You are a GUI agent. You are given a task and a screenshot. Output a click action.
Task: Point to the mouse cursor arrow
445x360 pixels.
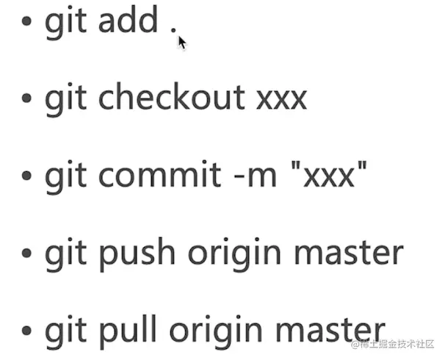pyautogui.click(x=181, y=42)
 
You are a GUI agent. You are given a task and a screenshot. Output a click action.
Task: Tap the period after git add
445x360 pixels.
pyautogui.click(x=174, y=30)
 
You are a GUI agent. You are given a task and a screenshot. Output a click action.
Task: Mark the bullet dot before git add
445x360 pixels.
pyautogui.click(x=27, y=21)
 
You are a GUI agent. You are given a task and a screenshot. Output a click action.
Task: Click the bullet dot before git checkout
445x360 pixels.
pyautogui.click(x=27, y=99)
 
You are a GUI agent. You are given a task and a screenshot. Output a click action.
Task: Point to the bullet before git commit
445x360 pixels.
pyautogui.click(x=27, y=177)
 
